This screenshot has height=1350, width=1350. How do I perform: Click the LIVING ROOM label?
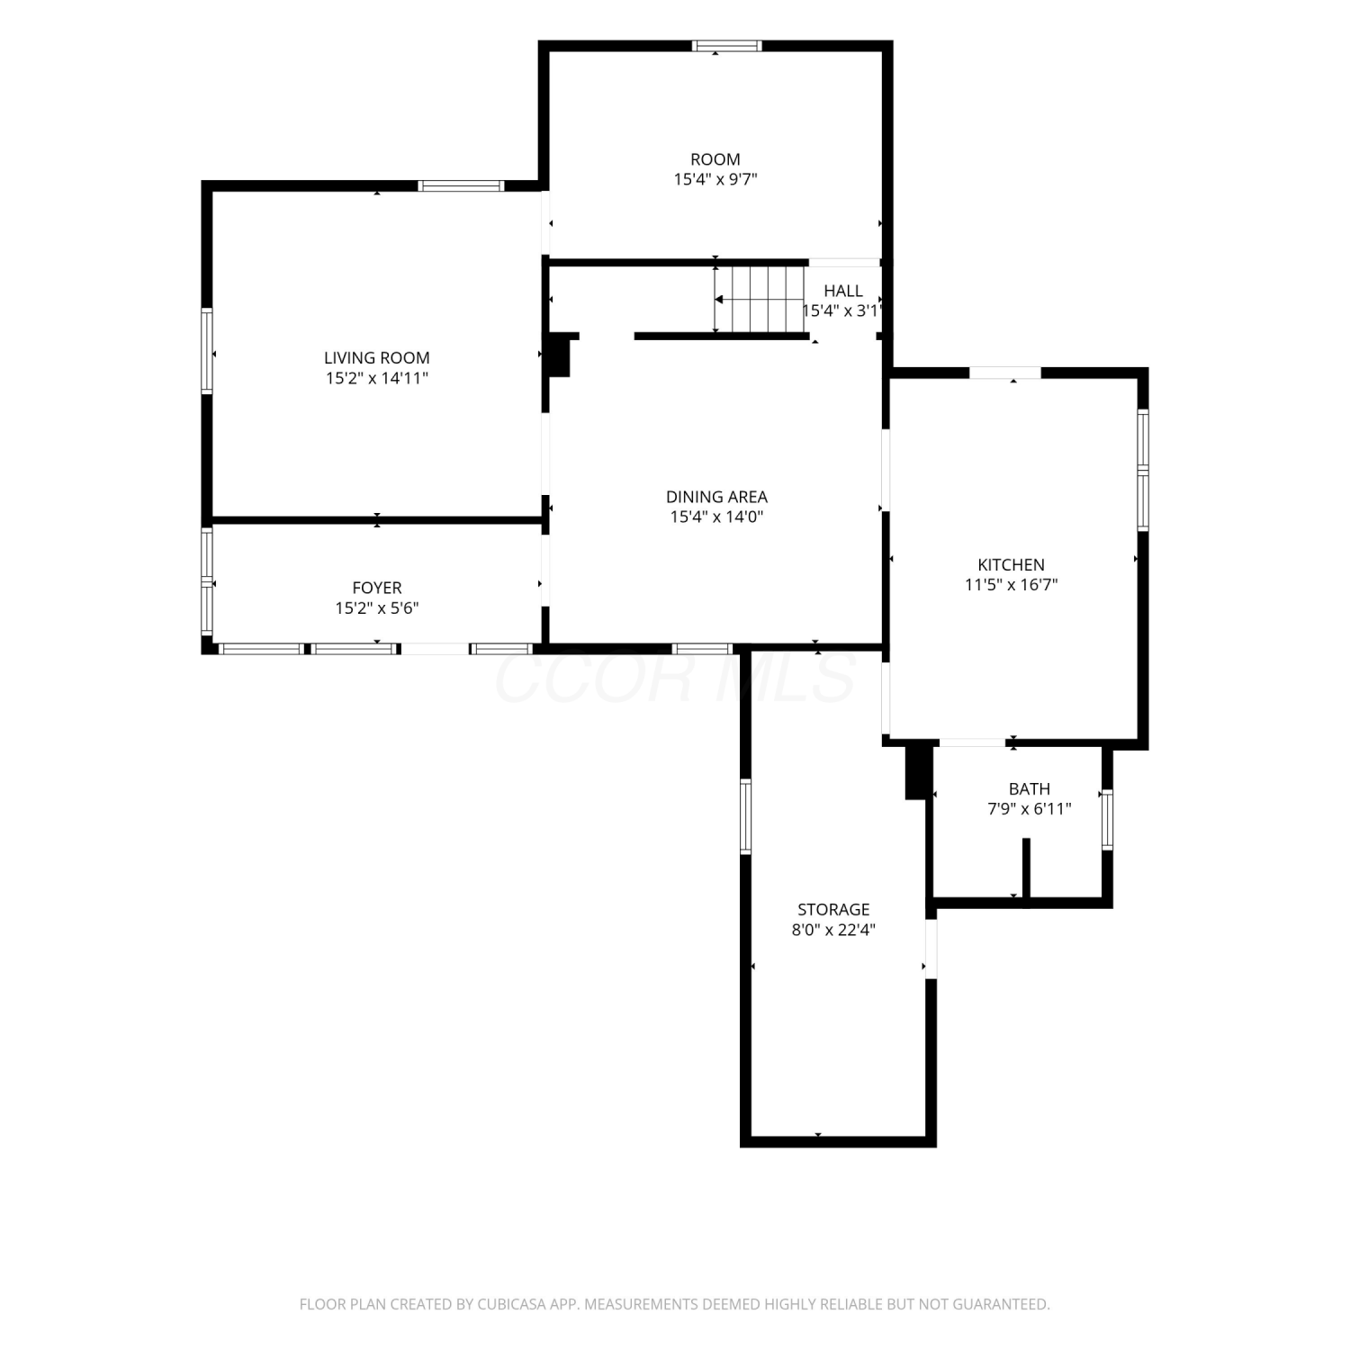coord(376,358)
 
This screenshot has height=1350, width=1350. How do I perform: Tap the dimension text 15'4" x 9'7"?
coord(715,179)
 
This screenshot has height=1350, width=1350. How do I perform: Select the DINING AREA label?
coord(716,497)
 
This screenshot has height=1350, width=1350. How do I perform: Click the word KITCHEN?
coord(1011,565)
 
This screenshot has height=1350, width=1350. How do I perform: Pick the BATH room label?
coord(1029,789)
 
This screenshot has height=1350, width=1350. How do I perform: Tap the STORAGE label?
coord(833,910)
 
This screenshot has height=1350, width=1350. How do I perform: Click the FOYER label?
coord(376,589)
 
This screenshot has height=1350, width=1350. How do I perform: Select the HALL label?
coord(843,291)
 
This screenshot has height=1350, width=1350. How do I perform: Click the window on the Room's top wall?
coord(727,46)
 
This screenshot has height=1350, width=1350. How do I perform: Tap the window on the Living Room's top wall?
coord(461,186)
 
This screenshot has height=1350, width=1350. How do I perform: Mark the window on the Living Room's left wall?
coord(207,351)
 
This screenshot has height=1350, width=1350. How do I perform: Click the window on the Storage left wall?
coord(745,816)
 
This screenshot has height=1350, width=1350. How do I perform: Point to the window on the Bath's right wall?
coord(1107,819)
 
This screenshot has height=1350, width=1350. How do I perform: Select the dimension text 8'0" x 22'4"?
coord(833,930)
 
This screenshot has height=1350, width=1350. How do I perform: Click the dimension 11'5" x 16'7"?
coord(1011,585)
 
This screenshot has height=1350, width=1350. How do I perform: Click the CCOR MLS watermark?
coord(675,677)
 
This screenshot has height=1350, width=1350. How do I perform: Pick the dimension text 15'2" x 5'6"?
coord(376,608)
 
